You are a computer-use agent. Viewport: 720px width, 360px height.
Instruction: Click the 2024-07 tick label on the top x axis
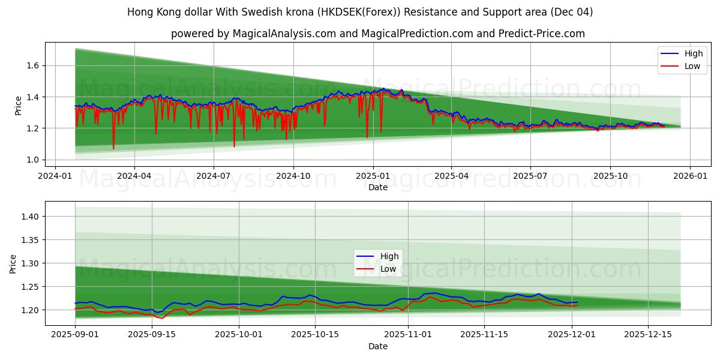pos(214,176)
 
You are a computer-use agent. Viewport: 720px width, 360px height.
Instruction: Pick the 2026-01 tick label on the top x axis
pos(689,176)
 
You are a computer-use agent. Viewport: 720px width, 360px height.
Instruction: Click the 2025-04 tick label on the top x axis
pos(451,176)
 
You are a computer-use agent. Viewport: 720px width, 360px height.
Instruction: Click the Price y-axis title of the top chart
pos(19,104)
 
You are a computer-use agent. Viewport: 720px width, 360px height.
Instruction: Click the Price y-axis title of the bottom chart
pos(13,263)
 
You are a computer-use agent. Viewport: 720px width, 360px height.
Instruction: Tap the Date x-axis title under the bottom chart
pos(378,346)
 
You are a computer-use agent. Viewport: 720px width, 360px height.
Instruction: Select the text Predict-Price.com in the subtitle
pos(541,34)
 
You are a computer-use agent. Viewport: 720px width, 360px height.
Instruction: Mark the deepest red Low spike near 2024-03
pos(113,149)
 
